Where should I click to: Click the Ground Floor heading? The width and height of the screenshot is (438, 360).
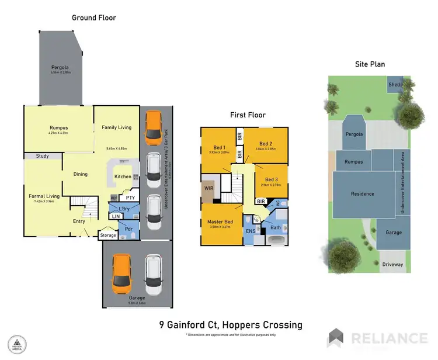[93, 18]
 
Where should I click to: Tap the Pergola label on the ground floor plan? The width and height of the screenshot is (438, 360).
[60, 67]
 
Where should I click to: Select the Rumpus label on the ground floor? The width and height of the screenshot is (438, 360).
[59, 127]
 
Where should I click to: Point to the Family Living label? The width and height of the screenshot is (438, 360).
[117, 127]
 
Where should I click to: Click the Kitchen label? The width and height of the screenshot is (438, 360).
[123, 176]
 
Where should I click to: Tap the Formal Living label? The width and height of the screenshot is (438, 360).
[45, 196]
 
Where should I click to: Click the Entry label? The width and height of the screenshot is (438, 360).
[79, 221]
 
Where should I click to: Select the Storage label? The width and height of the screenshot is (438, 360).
[108, 236]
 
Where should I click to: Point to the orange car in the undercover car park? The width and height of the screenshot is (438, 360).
[154, 128]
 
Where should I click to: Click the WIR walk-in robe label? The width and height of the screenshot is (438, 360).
[208, 188]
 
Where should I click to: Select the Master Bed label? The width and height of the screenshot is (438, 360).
[221, 222]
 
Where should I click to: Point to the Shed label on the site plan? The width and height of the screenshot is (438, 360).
[394, 85]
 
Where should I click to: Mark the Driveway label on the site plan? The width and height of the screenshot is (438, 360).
[392, 264]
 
